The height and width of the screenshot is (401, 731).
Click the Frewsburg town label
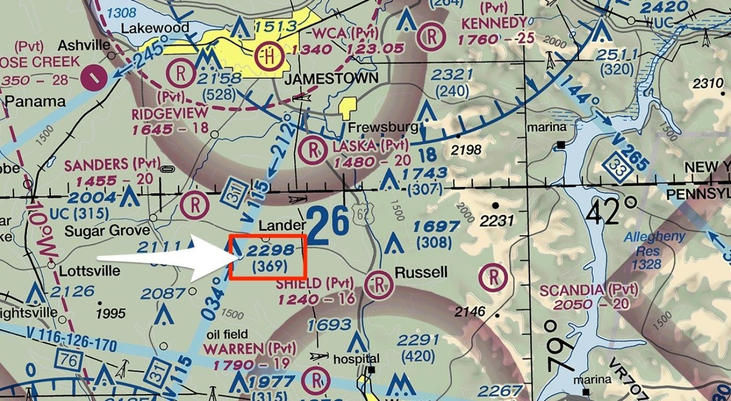[383, 127]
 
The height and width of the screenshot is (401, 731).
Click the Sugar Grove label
[108, 230]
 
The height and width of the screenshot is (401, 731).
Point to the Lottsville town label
[89, 271]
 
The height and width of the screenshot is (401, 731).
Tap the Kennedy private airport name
[493, 23]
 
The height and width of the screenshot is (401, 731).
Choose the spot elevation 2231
[497, 221]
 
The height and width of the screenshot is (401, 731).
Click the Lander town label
[282, 225]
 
